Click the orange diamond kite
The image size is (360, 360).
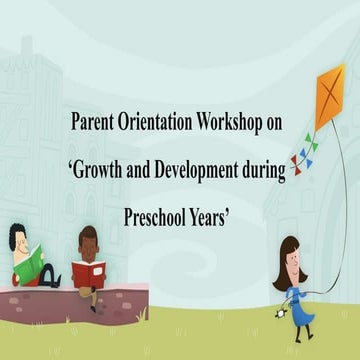(x=329, y=95)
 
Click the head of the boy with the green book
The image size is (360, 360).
(x=18, y=239)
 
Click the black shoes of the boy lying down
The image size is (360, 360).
(x=55, y=282)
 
